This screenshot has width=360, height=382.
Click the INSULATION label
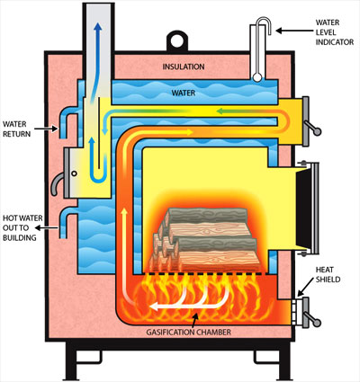tap(184, 67)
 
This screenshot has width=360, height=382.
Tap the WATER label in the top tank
tap(184, 93)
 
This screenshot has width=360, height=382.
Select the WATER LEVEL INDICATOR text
tap(335, 32)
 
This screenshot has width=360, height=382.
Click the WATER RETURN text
tap(16, 129)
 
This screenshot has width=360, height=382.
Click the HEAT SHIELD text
tap(328, 274)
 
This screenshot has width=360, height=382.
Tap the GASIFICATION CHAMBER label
tap(188, 333)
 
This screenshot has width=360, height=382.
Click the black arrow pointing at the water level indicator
tap(294, 31)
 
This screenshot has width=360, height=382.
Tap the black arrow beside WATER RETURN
tap(46, 129)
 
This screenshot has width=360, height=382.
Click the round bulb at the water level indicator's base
tap(257, 77)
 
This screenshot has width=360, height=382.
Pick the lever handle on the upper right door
tap(312, 128)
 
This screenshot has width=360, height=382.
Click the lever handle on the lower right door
tap(312, 318)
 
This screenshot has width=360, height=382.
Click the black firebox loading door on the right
tap(302, 208)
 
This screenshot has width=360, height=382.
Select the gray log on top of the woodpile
tap(207, 216)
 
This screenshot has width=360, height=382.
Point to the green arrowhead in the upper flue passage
tap(221, 111)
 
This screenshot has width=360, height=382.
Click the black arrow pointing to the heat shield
tap(306, 290)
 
